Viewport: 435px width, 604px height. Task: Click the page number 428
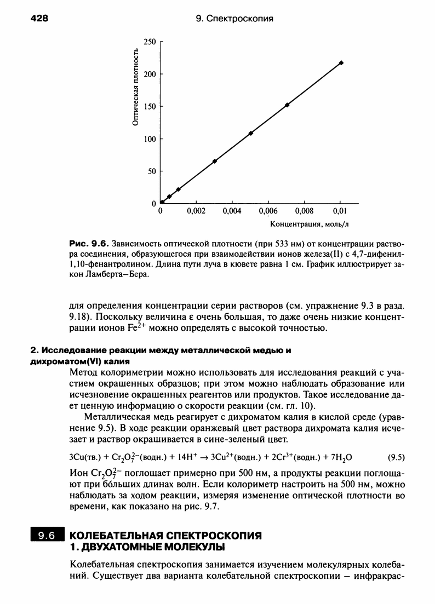[x=39, y=19]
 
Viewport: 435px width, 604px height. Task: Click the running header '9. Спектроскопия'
[x=234, y=19]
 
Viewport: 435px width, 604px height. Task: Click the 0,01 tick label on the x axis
[x=340, y=211]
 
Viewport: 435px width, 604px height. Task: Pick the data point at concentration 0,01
[x=341, y=63]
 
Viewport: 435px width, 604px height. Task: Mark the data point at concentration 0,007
[x=287, y=105]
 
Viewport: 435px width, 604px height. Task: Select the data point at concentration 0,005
[x=251, y=133]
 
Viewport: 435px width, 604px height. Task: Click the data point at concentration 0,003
[x=215, y=161]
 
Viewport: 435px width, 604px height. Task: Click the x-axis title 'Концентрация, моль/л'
[x=309, y=224]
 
